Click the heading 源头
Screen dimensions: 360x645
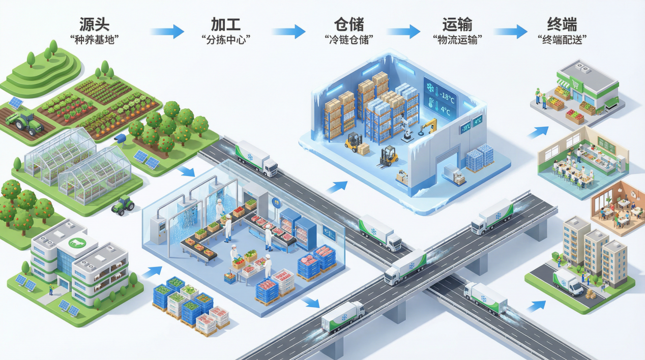pyautogui.click(x=95, y=24)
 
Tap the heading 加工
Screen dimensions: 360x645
pyautogui.click(x=226, y=24)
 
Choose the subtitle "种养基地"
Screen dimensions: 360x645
pyautogui.click(x=96, y=40)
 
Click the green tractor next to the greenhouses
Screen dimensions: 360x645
pyautogui.click(x=123, y=205)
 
